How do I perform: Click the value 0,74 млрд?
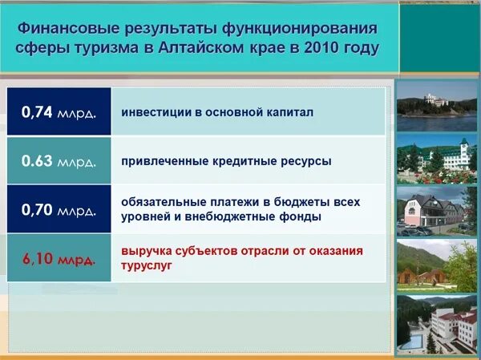(59, 112)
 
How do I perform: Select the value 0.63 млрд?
(59, 161)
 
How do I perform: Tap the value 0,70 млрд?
(59, 209)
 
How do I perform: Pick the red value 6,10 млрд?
(59, 259)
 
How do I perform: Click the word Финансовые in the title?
(68, 29)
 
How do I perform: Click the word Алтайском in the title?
(201, 47)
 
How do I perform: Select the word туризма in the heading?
(106, 49)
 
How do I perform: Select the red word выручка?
(146, 251)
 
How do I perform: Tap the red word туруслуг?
(147, 265)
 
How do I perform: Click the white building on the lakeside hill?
(435, 99)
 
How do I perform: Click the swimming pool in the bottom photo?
(412, 341)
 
